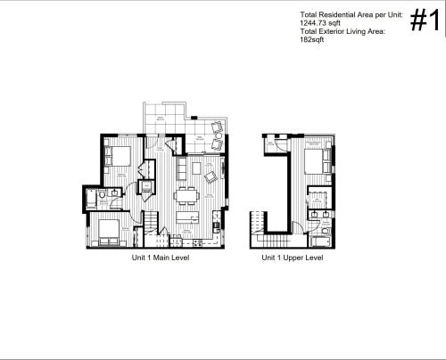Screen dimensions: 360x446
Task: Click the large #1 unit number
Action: point(425,24)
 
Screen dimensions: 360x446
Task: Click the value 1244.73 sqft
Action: point(320,24)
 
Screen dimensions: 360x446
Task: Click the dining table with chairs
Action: point(186,196)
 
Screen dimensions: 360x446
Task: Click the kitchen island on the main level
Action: point(186,217)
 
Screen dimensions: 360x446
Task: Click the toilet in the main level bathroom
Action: point(104,193)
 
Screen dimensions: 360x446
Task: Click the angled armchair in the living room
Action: point(211,177)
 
